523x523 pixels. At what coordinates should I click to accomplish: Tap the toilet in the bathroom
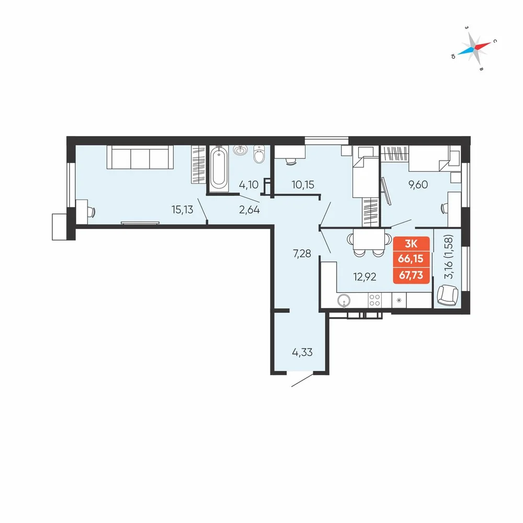tap(259, 154)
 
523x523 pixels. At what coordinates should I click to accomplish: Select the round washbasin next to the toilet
tap(240, 150)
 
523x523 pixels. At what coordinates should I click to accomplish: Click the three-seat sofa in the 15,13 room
tap(140, 157)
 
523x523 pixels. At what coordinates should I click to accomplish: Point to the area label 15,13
tap(182, 210)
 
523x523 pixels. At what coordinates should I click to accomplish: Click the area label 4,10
tap(248, 185)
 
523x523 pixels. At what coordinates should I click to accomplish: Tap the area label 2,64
tap(249, 210)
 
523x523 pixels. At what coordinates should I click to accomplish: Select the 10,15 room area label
tap(303, 185)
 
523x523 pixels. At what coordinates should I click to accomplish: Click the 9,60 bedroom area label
tap(418, 185)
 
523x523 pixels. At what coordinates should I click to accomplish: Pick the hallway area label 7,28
tap(302, 254)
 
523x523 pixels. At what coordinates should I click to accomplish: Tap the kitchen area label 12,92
tap(365, 277)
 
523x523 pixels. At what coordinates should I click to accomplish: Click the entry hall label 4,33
tap(302, 352)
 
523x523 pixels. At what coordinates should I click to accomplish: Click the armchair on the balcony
tap(448, 295)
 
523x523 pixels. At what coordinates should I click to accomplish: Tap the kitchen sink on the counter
tap(344, 300)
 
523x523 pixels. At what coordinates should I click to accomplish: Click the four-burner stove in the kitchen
tap(374, 300)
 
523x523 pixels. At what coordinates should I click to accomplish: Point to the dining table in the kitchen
tap(369, 239)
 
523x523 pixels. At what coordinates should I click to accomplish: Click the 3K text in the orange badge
tap(411, 244)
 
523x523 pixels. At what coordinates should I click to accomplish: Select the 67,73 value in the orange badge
tap(411, 275)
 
